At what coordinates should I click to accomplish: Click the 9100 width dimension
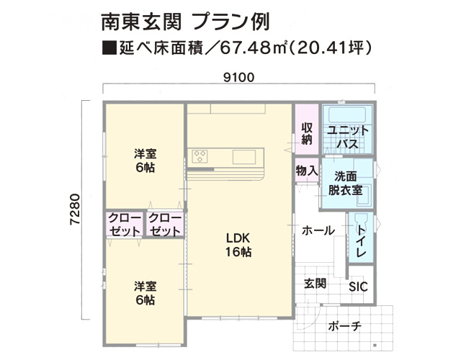(x=238, y=78)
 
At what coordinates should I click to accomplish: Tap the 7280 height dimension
(x=75, y=210)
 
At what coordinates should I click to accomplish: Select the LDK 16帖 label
(x=238, y=245)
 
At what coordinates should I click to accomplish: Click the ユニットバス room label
(x=347, y=137)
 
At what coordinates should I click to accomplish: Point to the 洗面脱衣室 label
(x=345, y=184)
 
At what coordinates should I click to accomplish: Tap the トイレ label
(x=362, y=242)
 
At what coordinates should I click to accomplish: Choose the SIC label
(x=358, y=287)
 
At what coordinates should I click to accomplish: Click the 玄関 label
(x=315, y=284)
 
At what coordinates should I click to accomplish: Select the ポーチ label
(x=344, y=326)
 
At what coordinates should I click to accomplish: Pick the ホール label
(x=318, y=230)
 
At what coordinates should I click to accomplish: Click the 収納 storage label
(x=307, y=134)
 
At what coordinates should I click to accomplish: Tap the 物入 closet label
(x=307, y=171)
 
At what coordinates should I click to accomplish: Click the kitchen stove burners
(x=200, y=156)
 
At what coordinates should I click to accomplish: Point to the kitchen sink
(x=244, y=157)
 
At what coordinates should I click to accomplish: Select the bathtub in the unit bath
(x=347, y=114)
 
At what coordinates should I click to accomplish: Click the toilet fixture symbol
(x=362, y=220)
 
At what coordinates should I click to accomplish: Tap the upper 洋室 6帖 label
(x=146, y=161)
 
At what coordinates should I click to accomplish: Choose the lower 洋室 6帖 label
(x=146, y=293)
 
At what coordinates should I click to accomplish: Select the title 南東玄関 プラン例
(x=186, y=22)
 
